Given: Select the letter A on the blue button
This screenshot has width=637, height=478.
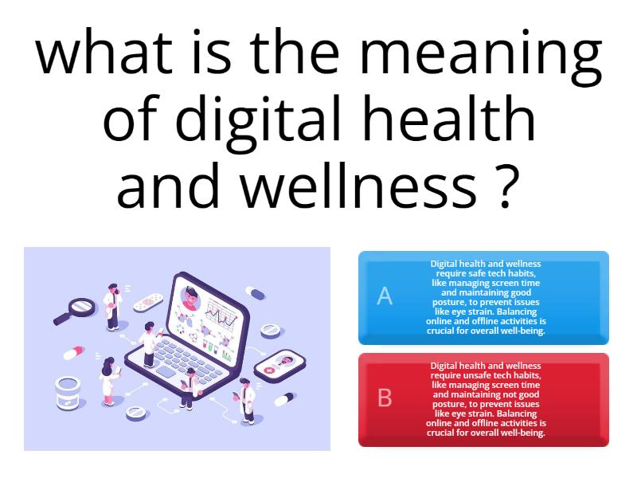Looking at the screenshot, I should point(385,296).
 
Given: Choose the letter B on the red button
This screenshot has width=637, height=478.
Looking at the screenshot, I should point(385,398).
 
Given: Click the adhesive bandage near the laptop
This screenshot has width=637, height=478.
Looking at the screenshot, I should point(147,303).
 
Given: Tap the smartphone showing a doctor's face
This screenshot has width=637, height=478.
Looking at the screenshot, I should point(279,366).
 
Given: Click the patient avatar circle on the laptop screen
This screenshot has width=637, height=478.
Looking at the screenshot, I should point(190,300).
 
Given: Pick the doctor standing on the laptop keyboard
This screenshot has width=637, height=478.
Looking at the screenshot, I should point(149,344).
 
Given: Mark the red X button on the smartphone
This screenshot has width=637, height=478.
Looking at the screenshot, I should point(268,370).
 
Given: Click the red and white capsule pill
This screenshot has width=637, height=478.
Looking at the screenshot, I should point(73,352).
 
